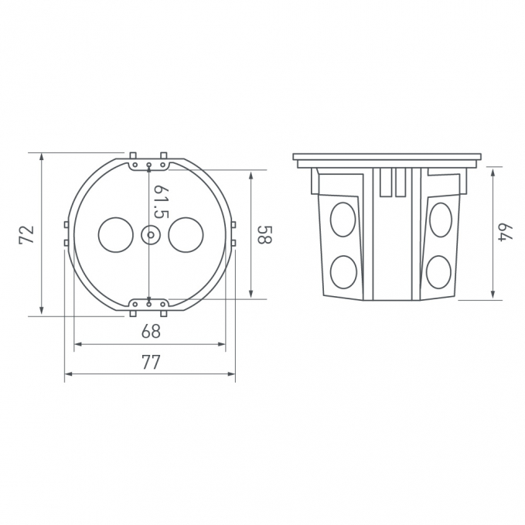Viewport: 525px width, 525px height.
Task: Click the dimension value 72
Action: [x=27, y=235]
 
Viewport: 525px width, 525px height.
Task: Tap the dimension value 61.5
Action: [x=161, y=202]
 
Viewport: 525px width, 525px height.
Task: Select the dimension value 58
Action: [x=265, y=234]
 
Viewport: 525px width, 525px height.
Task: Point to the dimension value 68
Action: [x=151, y=332]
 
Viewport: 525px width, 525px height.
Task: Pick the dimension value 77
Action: [x=151, y=362]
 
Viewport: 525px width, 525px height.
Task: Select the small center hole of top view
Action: [x=150, y=235]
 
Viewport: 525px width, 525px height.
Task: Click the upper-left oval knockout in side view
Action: [x=343, y=220]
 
